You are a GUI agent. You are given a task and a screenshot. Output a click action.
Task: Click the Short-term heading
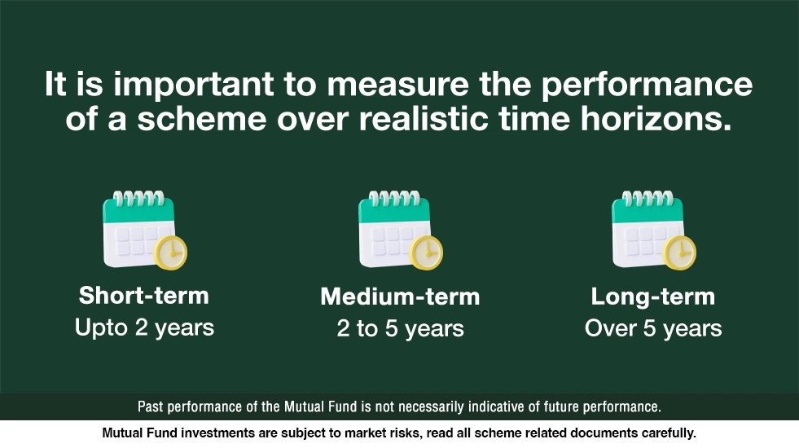143,295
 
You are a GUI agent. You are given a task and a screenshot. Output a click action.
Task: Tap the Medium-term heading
400,297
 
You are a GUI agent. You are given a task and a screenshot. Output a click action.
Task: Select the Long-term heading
652,297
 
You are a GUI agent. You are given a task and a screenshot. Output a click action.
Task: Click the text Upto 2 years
144,327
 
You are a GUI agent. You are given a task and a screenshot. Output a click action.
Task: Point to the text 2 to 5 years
400,329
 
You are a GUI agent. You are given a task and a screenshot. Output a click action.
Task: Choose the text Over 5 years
652,329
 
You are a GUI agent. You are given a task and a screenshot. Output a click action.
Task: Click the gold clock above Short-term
171,253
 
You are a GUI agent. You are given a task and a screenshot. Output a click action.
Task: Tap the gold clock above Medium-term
426,253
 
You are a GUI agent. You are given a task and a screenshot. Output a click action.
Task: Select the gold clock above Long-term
679,253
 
